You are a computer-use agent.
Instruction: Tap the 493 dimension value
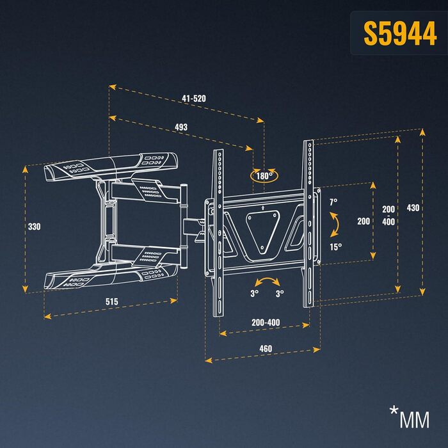(181, 127)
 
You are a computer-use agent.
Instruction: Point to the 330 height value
(34, 227)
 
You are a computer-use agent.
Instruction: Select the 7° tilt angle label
(333, 202)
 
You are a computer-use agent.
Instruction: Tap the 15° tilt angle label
(335, 246)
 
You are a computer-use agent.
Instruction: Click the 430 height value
(413, 207)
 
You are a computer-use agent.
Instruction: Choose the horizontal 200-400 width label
(265, 323)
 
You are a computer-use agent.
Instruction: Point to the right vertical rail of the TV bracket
(309, 224)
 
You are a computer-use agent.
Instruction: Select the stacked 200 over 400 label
(388, 215)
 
